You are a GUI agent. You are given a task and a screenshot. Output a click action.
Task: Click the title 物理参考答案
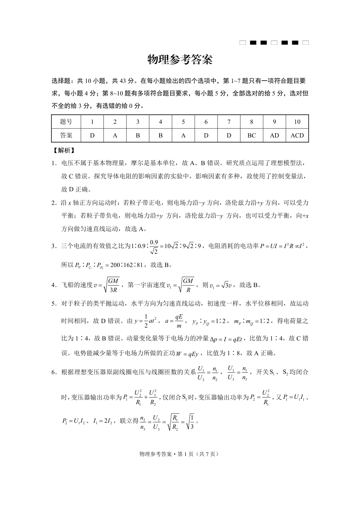(x=180, y=59)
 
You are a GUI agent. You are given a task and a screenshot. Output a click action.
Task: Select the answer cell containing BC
(x=252, y=135)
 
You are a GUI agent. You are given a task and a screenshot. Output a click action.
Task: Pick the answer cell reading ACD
(x=297, y=135)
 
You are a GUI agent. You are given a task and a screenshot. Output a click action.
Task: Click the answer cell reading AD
(x=274, y=135)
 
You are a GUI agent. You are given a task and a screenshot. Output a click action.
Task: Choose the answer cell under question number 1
(x=92, y=135)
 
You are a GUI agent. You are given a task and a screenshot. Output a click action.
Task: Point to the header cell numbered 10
(x=297, y=122)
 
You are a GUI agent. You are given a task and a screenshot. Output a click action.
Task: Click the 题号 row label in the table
(x=66, y=122)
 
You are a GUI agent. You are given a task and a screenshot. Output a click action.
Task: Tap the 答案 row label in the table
(x=66, y=135)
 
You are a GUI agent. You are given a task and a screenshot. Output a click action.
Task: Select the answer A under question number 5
(x=183, y=135)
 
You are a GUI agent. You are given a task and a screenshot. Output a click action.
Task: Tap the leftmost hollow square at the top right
(x=243, y=43)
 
